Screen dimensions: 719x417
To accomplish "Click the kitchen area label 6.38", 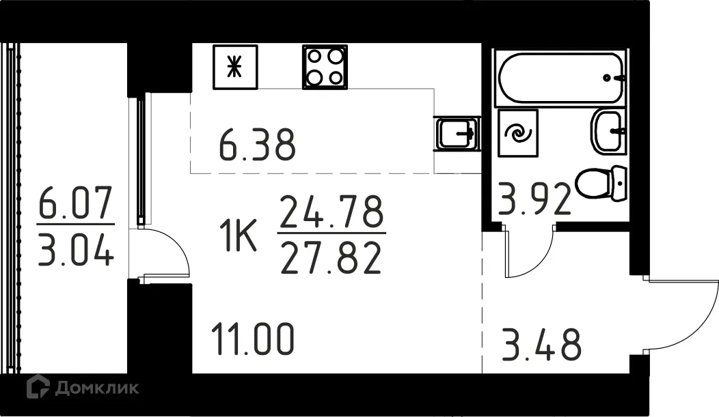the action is (x=257, y=145).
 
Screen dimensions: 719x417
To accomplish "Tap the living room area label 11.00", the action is (x=253, y=339).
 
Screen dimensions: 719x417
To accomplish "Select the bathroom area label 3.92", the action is (x=534, y=199).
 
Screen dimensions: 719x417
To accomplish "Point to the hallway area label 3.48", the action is (x=542, y=344).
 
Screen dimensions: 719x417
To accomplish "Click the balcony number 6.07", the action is (x=75, y=203).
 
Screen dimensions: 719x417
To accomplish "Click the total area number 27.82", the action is (x=331, y=258).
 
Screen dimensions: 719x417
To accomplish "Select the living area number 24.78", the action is (x=331, y=212).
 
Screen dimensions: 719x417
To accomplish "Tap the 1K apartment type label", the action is (x=238, y=235).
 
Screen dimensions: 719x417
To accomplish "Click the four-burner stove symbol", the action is (x=325, y=67).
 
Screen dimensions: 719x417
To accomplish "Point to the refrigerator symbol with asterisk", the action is (x=235, y=67).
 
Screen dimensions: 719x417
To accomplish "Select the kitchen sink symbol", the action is (x=457, y=133).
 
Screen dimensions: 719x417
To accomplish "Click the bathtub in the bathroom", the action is (x=561, y=78).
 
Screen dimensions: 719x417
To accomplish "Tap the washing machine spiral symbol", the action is (x=517, y=133).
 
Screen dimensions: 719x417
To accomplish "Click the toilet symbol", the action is (x=601, y=184).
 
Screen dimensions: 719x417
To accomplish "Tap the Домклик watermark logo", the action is (x=83, y=387).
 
